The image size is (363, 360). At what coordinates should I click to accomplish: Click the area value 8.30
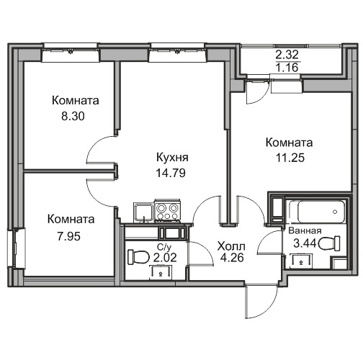point(73,117)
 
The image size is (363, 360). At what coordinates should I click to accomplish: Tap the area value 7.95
point(68,237)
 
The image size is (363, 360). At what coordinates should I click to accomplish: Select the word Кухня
point(172,158)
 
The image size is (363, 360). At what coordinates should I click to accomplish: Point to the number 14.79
point(171,173)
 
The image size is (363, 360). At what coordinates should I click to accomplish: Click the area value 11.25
point(290,158)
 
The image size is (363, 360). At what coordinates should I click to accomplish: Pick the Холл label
point(231,246)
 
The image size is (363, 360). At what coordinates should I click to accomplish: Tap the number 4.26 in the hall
point(232,258)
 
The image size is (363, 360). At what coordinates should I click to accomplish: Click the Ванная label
point(305,231)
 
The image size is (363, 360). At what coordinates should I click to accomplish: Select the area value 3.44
point(305,243)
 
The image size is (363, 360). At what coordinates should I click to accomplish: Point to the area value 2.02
point(165,258)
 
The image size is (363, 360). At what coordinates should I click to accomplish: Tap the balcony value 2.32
point(287,55)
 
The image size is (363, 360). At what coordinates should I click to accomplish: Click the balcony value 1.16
point(287,68)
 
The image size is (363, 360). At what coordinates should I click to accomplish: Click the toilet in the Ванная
point(329,243)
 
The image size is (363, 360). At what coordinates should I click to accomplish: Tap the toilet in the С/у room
point(138,257)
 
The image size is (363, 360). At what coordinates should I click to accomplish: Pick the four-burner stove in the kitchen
point(167,210)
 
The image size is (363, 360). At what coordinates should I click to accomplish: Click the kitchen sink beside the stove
point(143,212)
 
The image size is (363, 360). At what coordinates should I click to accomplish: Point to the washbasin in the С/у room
point(161,273)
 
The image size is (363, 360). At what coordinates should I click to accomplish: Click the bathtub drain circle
point(335,212)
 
